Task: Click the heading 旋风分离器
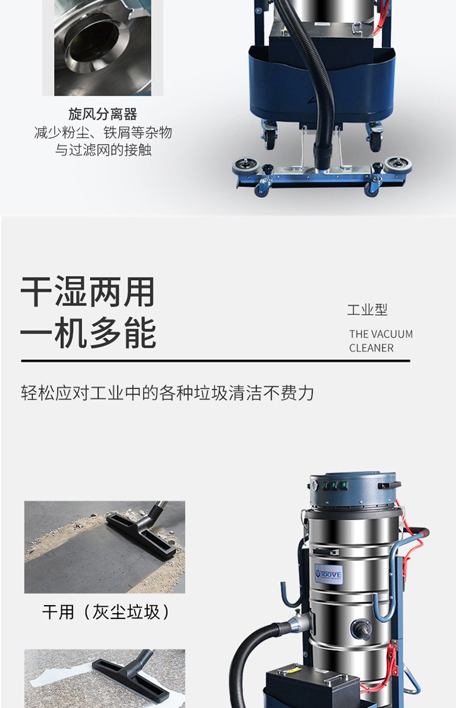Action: click(x=103, y=114)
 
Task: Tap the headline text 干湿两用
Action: click(x=88, y=292)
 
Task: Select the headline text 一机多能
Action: click(x=88, y=333)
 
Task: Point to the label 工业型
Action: click(x=367, y=310)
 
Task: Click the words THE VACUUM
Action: click(x=381, y=334)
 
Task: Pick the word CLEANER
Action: click(x=371, y=348)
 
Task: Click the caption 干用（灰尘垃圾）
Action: click(x=106, y=612)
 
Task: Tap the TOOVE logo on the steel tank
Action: click(x=329, y=574)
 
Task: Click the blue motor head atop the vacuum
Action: click(x=354, y=491)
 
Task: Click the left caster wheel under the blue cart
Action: click(x=269, y=137)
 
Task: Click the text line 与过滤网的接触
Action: click(x=103, y=150)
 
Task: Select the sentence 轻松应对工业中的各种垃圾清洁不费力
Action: click(x=167, y=393)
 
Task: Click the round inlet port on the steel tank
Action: click(x=361, y=629)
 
